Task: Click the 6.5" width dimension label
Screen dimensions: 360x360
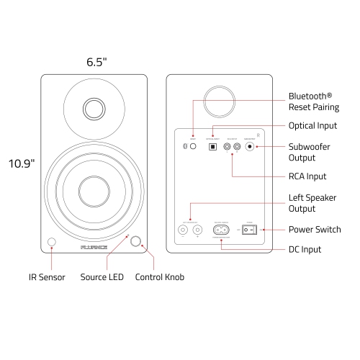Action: (96, 62)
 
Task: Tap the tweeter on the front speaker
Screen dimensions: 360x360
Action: (93, 108)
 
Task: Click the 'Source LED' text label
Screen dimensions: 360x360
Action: (102, 276)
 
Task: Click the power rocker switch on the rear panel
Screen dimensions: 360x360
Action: (248, 230)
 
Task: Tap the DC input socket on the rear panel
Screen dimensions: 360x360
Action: (220, 230)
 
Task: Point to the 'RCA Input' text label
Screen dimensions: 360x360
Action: (307, 176)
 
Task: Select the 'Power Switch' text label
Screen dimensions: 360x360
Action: (315, 230)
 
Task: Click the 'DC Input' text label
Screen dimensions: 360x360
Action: (305, 249)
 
